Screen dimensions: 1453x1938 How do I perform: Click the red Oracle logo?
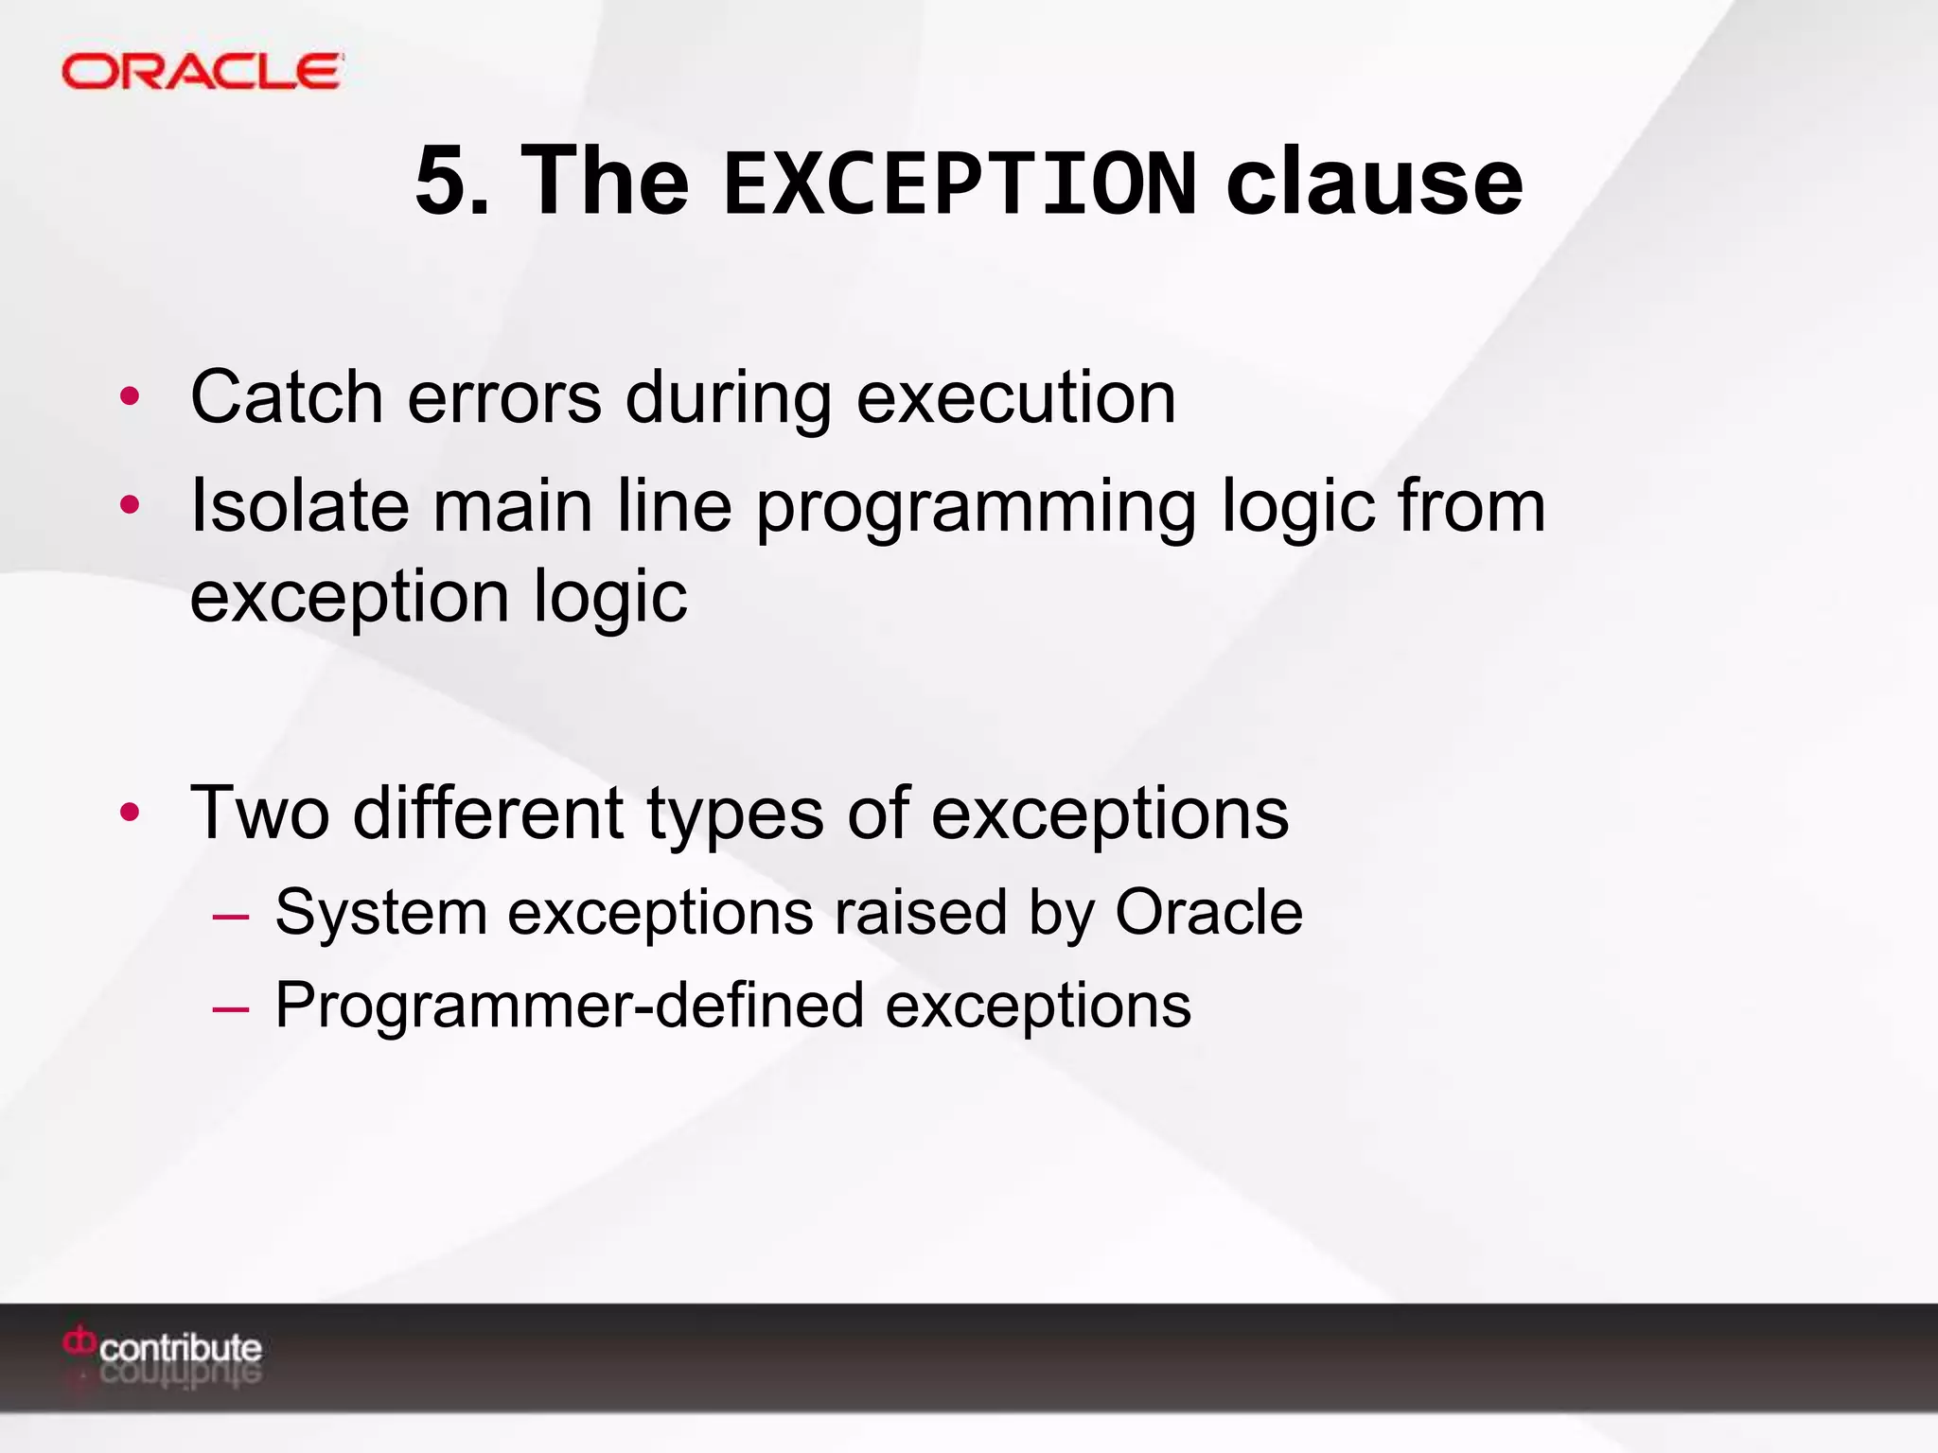point(202,72)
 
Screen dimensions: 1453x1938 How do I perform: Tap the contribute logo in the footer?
point(163,1347)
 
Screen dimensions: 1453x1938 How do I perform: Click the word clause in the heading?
point(1374,181)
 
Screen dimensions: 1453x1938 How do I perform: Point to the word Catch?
point(286,396)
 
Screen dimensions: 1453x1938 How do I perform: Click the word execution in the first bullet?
point(1016,396)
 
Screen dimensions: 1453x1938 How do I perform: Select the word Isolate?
point(300,505)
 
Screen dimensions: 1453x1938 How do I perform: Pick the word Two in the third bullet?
point(260,813)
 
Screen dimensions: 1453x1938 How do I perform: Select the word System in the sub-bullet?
point(380,913)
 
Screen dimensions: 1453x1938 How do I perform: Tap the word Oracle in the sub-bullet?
point(1208,912)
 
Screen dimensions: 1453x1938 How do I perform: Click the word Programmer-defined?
point(569,1005)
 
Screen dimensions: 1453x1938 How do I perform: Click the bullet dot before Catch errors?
point(130,397)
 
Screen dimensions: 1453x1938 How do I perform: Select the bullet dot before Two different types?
point(130,813)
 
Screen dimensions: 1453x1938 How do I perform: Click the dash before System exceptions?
point(231,916)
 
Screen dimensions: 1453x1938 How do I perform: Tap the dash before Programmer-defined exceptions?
point(231,1008)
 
